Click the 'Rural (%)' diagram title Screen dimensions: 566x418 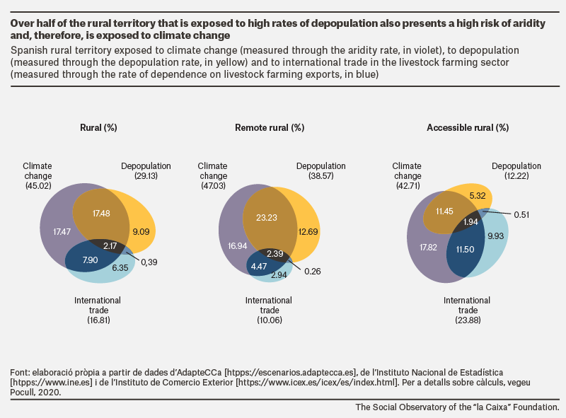(98, 128)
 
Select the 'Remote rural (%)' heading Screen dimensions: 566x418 (270, 128)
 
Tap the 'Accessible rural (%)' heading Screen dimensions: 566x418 (468, 128)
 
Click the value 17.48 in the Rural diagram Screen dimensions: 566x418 (101, 214)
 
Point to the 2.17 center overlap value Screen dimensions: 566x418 (110, 246)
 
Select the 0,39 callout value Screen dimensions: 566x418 (149, 262)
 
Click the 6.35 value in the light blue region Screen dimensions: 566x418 (120, 268)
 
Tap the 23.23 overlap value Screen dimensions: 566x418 (267, 218)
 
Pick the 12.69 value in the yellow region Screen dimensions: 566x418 (308, 232)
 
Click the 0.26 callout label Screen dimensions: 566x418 (313, 272)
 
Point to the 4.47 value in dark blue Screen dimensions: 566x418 (259, 267)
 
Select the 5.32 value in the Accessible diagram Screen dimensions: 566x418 (478, 196)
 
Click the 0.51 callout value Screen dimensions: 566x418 (521, 215)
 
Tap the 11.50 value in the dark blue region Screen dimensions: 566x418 (465, 250)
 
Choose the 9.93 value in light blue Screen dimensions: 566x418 (496, 236)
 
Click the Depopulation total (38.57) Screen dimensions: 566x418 (321, 176)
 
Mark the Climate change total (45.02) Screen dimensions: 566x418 (38, 185)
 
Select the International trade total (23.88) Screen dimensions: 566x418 (468, 320)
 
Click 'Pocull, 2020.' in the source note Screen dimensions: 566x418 (35, 393)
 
